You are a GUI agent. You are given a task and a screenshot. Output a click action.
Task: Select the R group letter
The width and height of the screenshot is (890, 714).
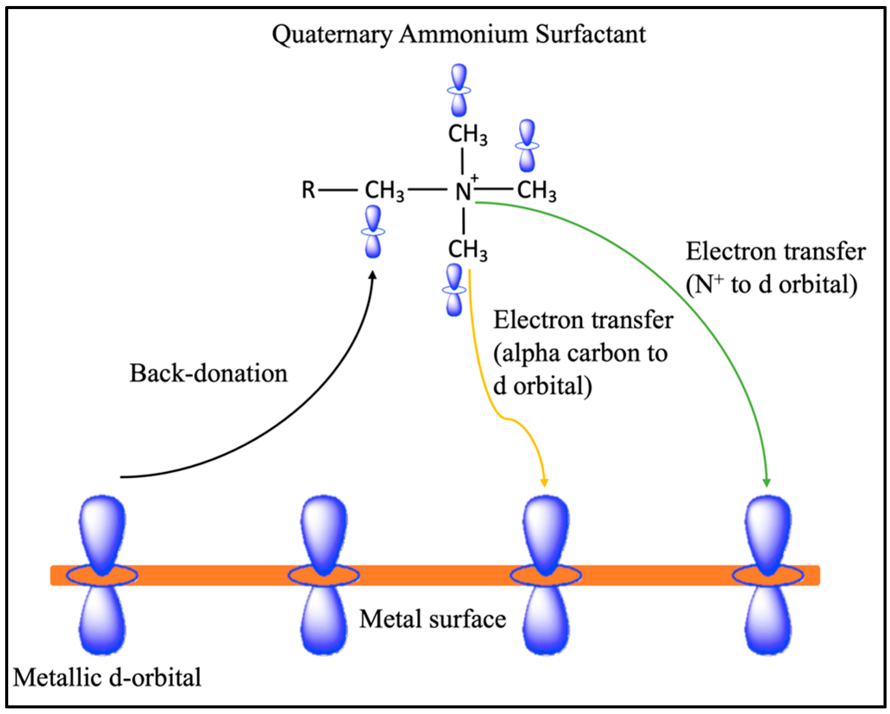tap(308, 190)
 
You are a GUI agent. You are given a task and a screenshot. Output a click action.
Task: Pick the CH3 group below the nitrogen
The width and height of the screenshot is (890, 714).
tap(468, 250)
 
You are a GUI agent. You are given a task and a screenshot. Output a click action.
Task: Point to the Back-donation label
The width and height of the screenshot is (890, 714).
tap(208, 373)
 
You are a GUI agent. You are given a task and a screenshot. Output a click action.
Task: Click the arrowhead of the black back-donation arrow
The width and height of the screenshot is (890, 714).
tap(373, 275)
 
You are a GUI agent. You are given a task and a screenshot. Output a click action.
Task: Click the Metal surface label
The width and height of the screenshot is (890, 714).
tap(433, 619)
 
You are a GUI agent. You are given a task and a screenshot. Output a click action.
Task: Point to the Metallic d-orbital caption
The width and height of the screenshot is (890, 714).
tap(107, 677)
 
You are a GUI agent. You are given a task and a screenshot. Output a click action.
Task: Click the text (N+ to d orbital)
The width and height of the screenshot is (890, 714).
tap(771, 285)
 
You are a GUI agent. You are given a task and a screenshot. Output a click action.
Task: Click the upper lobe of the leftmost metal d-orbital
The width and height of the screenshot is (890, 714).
tap(102, 530)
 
